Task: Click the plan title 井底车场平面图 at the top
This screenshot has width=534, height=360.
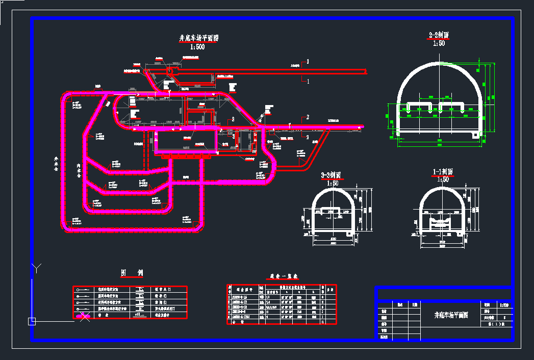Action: (198, 38)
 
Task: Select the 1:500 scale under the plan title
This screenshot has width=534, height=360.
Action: (197, 47)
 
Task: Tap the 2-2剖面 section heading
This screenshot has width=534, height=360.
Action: (439, 35)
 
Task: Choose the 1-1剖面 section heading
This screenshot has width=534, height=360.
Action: (442, 172)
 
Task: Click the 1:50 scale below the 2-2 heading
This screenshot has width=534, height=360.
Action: (439, 43)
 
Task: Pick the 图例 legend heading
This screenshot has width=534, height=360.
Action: (132, 273)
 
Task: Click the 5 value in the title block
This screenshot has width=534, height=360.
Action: (504, 317)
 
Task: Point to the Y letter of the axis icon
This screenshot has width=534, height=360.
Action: (35, 267)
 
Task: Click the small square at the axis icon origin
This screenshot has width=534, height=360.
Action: (32, 321)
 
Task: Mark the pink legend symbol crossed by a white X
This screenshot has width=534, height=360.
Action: (84, 316)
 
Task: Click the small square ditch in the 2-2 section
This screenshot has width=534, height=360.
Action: (476, 134)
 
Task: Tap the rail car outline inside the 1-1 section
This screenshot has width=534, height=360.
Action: (442, 222)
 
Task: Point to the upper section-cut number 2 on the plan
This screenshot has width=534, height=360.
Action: (308, 117)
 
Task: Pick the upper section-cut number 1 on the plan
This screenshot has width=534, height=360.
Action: (308, 62)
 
